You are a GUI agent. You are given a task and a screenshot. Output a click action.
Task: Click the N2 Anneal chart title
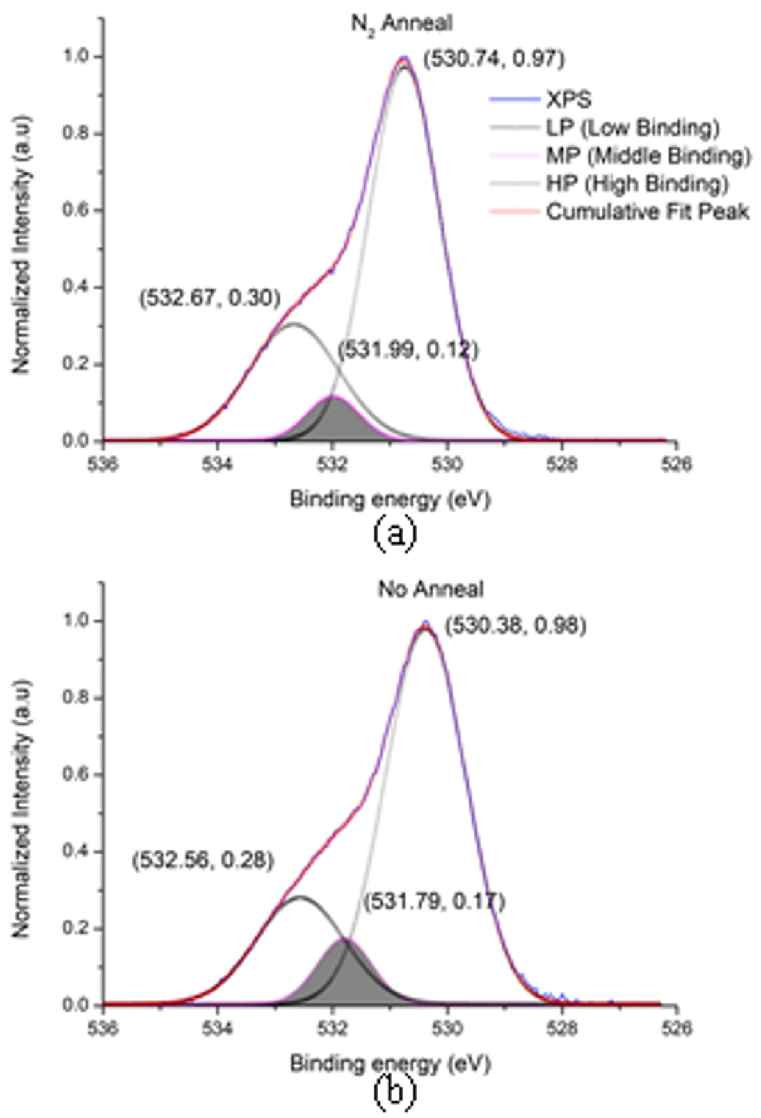click(401, 24)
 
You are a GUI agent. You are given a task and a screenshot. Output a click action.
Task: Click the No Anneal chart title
click(430, 588)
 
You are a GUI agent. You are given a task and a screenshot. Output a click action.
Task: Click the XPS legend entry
click(568, 99)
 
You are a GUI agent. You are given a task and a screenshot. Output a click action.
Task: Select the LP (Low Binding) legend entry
click(632, 127)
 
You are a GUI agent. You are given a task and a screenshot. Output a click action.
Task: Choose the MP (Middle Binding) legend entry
click(647, 156)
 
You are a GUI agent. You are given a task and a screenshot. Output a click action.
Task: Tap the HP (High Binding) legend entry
click(636, 184)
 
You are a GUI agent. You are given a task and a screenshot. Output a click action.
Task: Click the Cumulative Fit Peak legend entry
click(646, 212)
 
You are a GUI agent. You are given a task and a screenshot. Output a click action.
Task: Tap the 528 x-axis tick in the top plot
click(562, 464)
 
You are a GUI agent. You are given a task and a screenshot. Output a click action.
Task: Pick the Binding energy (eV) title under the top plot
click(390, 499)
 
